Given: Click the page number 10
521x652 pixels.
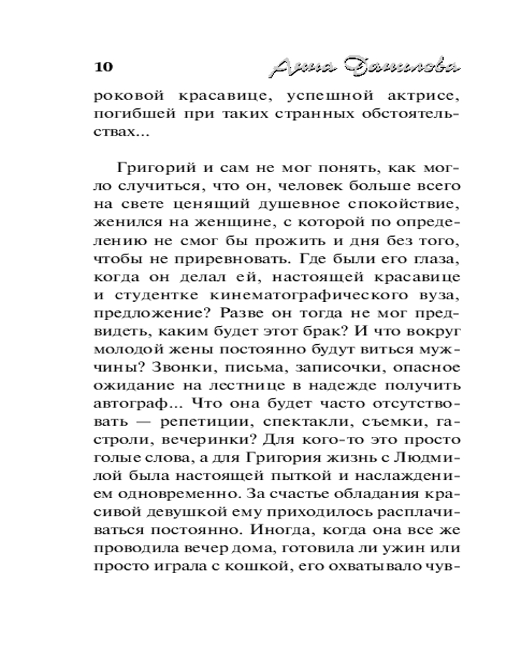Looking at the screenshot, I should click(104, 67).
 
